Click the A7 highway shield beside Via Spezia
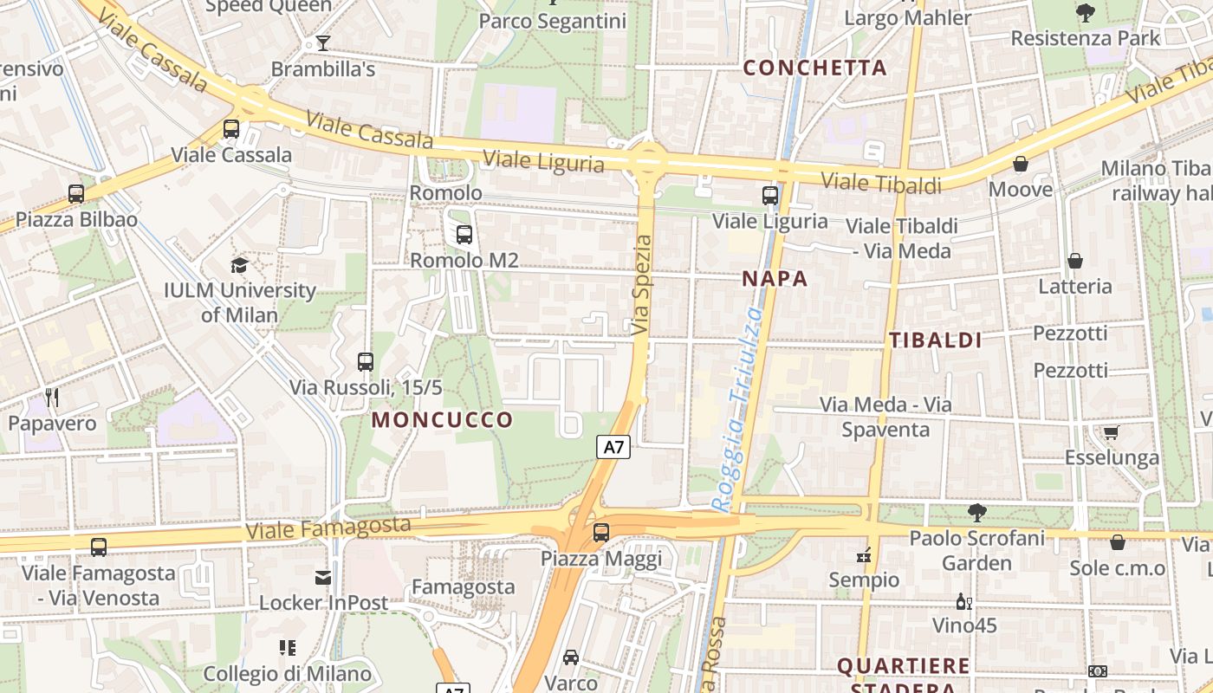(x=613, y=447)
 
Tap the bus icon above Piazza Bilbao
(x=76, y=194)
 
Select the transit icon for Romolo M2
(x=464, y=234)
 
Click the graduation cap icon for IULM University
(x=239, y=265)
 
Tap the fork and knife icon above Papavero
(x=52, y=398)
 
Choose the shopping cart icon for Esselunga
(x=1111, y=431)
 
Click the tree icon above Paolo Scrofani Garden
(x=976, y=512)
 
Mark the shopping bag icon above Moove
(x=1021, y=164)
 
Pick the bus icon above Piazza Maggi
(x=601, y=533)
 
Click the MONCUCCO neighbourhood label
(x=442, y=420)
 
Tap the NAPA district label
(x=775, y=279)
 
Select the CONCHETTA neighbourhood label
(x=814, y=68)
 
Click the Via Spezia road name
(x=641, y=285)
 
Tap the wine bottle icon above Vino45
(x=963, y=600)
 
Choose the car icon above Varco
(x=571, y=657)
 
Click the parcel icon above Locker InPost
(x=323, y=577)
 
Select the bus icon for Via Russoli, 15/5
(x=366, y=362)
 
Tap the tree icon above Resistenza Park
(x=1085, y=12)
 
